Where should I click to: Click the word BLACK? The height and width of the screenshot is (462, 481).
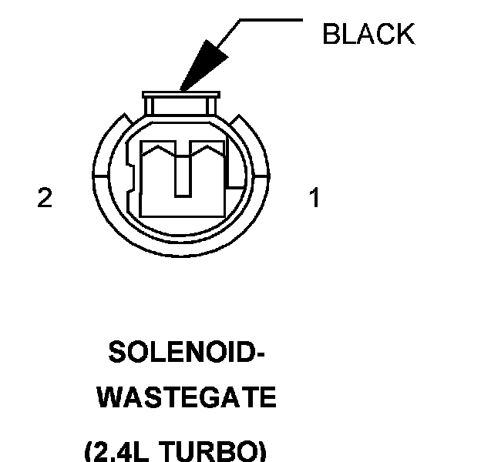(368, 34)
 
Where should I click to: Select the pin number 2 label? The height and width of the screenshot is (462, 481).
(45, 198)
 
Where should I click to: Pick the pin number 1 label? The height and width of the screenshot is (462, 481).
(314, 198)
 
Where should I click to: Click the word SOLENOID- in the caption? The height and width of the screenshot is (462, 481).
(187, 353)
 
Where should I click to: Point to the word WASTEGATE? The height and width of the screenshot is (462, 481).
(188, 398)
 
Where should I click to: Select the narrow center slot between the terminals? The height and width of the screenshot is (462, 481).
(182, 173)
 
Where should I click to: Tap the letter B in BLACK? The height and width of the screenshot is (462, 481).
(331, 34)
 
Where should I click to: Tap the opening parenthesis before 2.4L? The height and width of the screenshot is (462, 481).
(89, 451)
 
